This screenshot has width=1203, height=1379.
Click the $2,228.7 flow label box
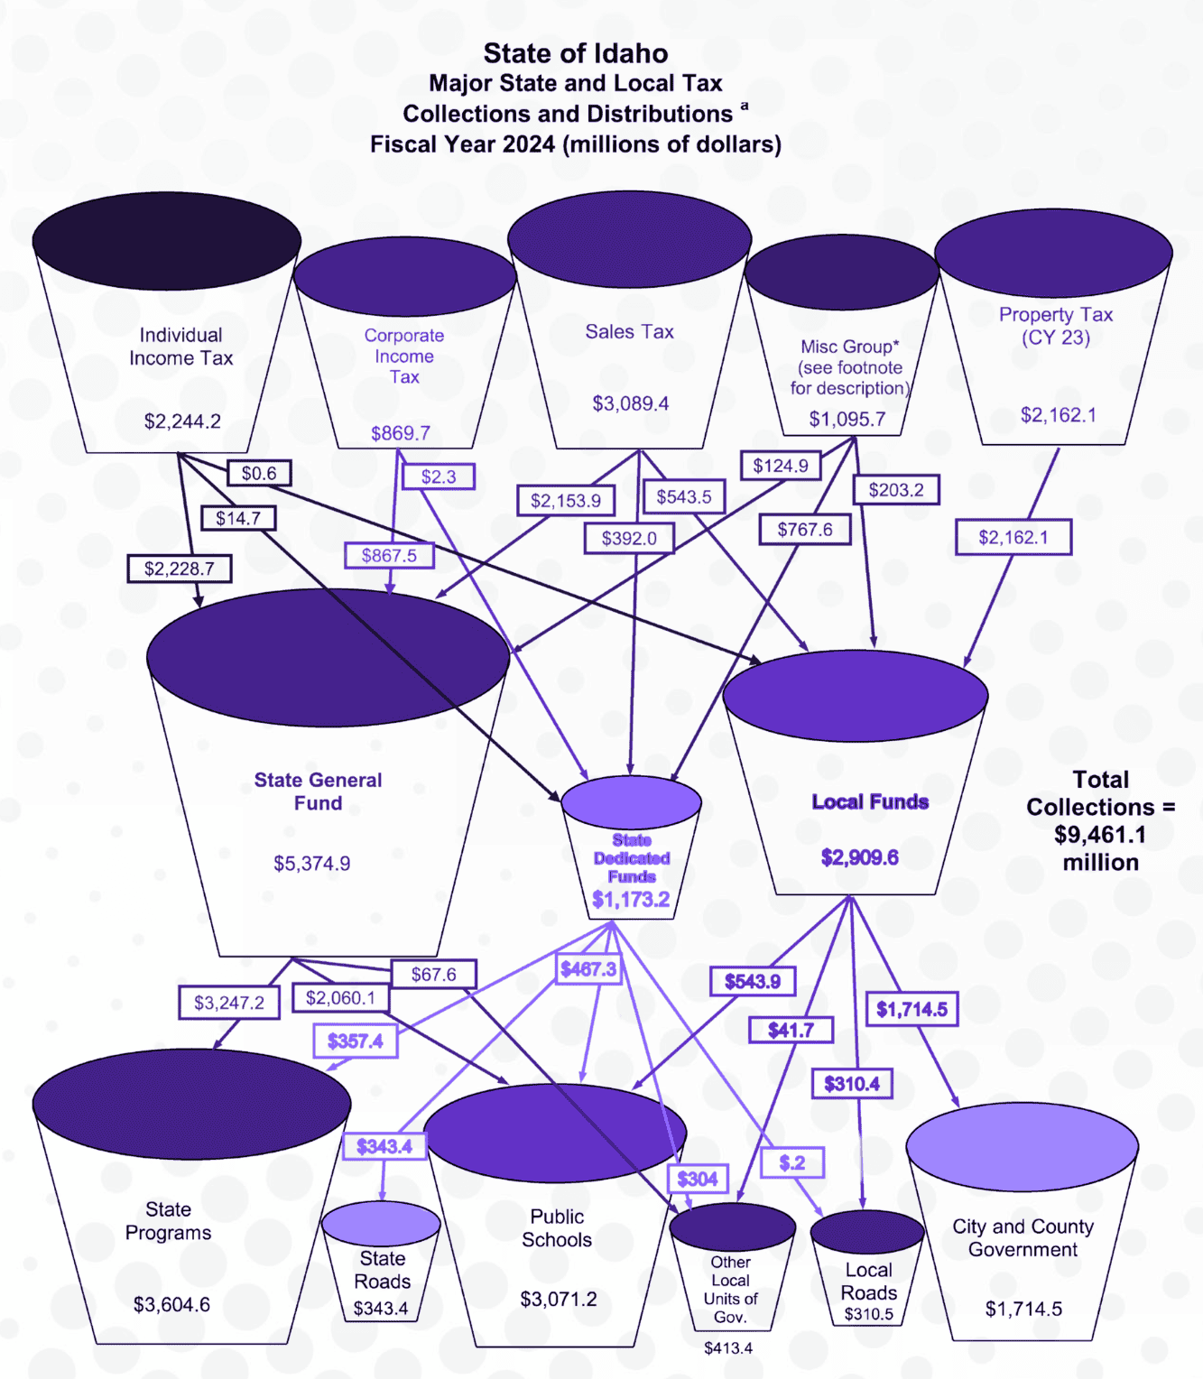[x=180, y=569]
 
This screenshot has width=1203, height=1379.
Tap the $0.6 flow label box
[x=259, y=473]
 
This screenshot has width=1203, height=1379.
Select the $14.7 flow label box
[x=238, y=518]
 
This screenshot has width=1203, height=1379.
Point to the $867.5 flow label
[x=389, y=555]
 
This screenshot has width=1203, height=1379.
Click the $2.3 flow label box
[x=439, y=477]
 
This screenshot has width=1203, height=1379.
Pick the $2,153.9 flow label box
[x=566, y=500]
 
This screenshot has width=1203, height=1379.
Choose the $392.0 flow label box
[x=629, y=539]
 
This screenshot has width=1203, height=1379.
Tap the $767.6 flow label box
[x=805, y=530]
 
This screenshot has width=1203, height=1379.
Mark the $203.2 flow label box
[x=896, y=490]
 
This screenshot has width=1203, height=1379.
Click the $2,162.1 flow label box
[x=1013, y=537]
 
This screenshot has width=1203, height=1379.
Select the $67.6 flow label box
[x=433, y=975]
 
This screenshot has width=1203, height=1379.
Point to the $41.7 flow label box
[x=791, y=1030]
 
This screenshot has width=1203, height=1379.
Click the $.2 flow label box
[x=792, y=1162]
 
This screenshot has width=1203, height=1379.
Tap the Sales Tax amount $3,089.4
[x=630, y=403]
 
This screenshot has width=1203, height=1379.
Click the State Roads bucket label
[x=382, y=1270]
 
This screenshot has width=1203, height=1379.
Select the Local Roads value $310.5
[x=868, y=1314]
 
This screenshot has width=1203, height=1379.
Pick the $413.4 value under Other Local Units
[x=728, y=1347]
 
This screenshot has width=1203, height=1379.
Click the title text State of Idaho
[x=576, y=53]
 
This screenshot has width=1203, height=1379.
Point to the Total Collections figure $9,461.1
[x=1100, y=835]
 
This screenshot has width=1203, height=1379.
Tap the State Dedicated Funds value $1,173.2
[x=631, y=899]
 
